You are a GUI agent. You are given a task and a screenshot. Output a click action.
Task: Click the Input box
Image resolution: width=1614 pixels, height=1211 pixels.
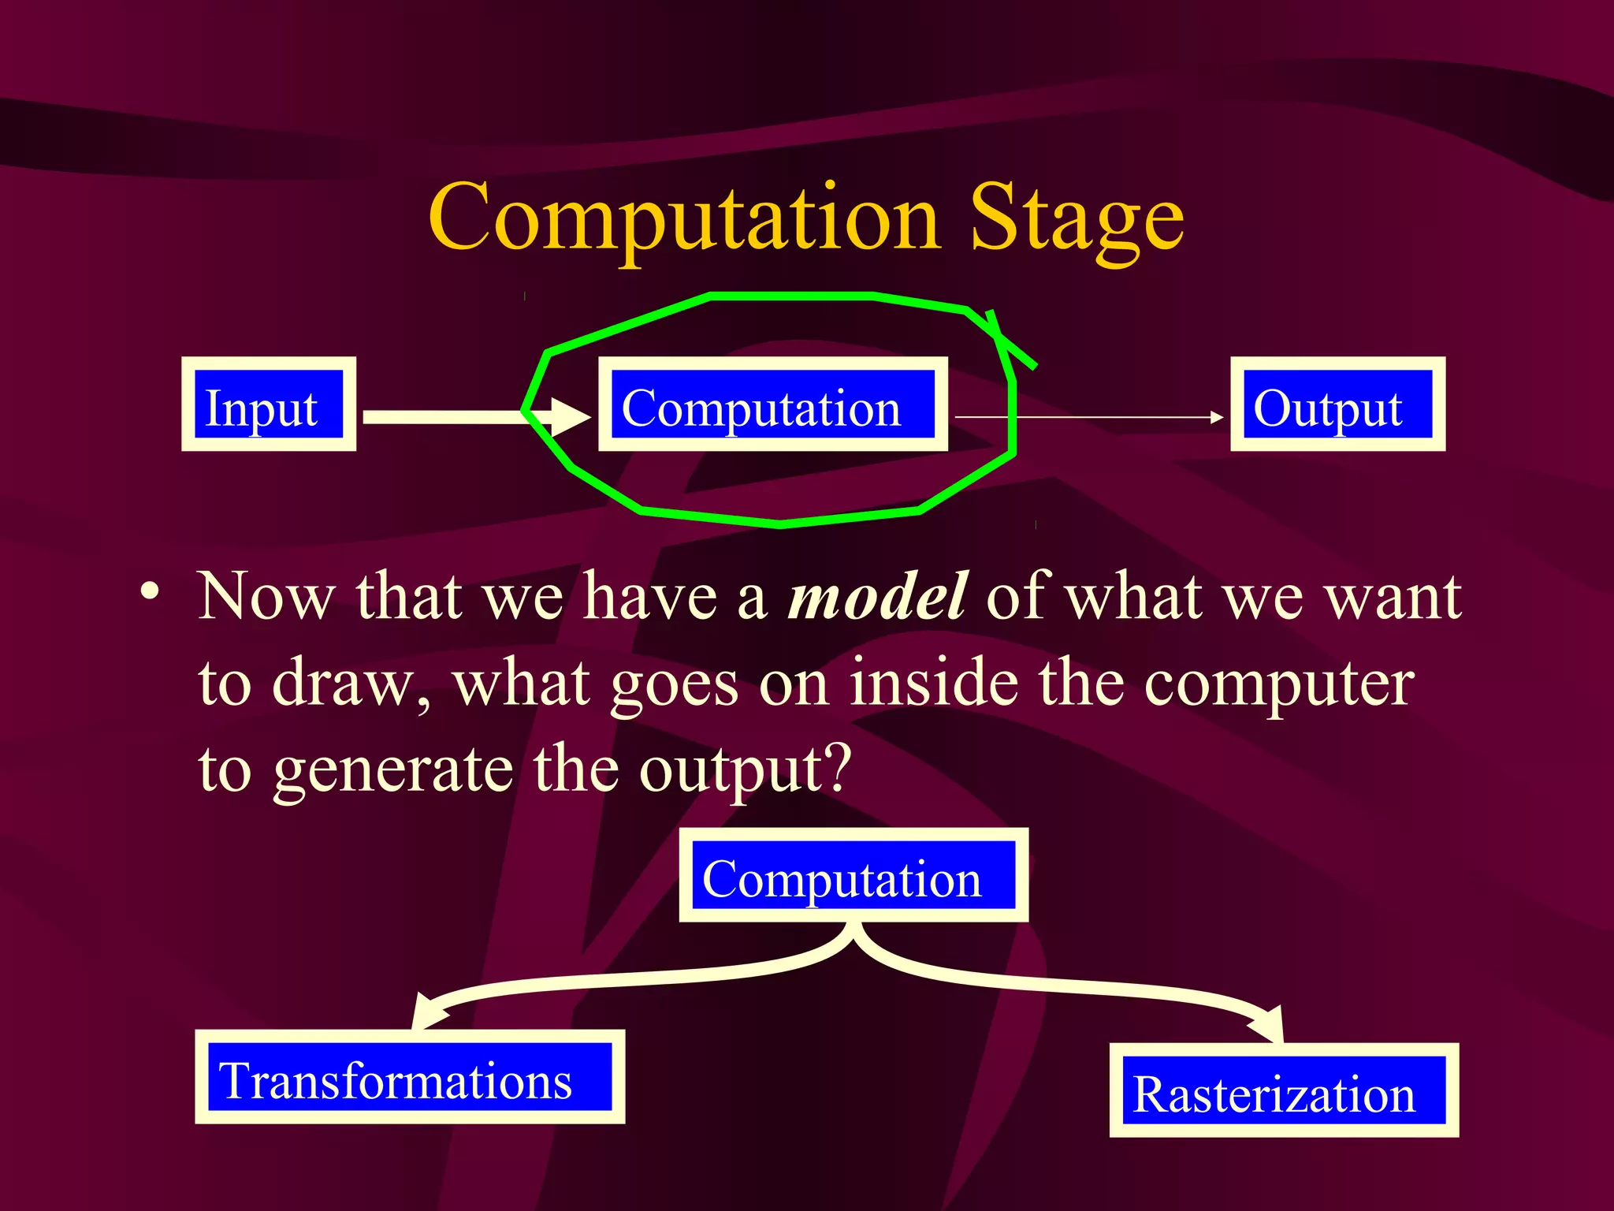point(268,404)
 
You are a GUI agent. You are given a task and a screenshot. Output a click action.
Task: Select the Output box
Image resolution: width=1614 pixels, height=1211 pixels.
point(1337,404)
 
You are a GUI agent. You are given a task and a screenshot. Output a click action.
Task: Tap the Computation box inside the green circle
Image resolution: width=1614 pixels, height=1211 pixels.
point(772,404)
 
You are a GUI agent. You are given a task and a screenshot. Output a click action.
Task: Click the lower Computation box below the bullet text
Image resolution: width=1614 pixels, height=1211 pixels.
point(853,875)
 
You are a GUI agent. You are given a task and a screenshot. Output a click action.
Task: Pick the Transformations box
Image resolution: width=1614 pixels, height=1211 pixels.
point(409,1077)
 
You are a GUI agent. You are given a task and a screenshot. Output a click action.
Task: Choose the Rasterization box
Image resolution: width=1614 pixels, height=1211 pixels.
point(1283,1090)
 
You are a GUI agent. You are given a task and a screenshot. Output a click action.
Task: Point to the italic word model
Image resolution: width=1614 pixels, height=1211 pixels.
point(876,597)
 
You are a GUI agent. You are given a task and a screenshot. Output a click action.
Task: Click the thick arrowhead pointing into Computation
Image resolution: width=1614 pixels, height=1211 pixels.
point(571,417)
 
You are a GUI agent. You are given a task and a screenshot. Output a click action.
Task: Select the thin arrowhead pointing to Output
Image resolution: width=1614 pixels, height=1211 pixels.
point(1217,417)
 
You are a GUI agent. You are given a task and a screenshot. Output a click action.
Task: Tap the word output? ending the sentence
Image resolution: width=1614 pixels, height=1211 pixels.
point(745,769)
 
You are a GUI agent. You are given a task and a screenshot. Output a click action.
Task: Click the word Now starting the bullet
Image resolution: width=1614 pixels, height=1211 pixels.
point(266,597)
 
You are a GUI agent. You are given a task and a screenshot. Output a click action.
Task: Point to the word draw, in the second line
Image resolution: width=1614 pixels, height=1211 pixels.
point(351,683)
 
